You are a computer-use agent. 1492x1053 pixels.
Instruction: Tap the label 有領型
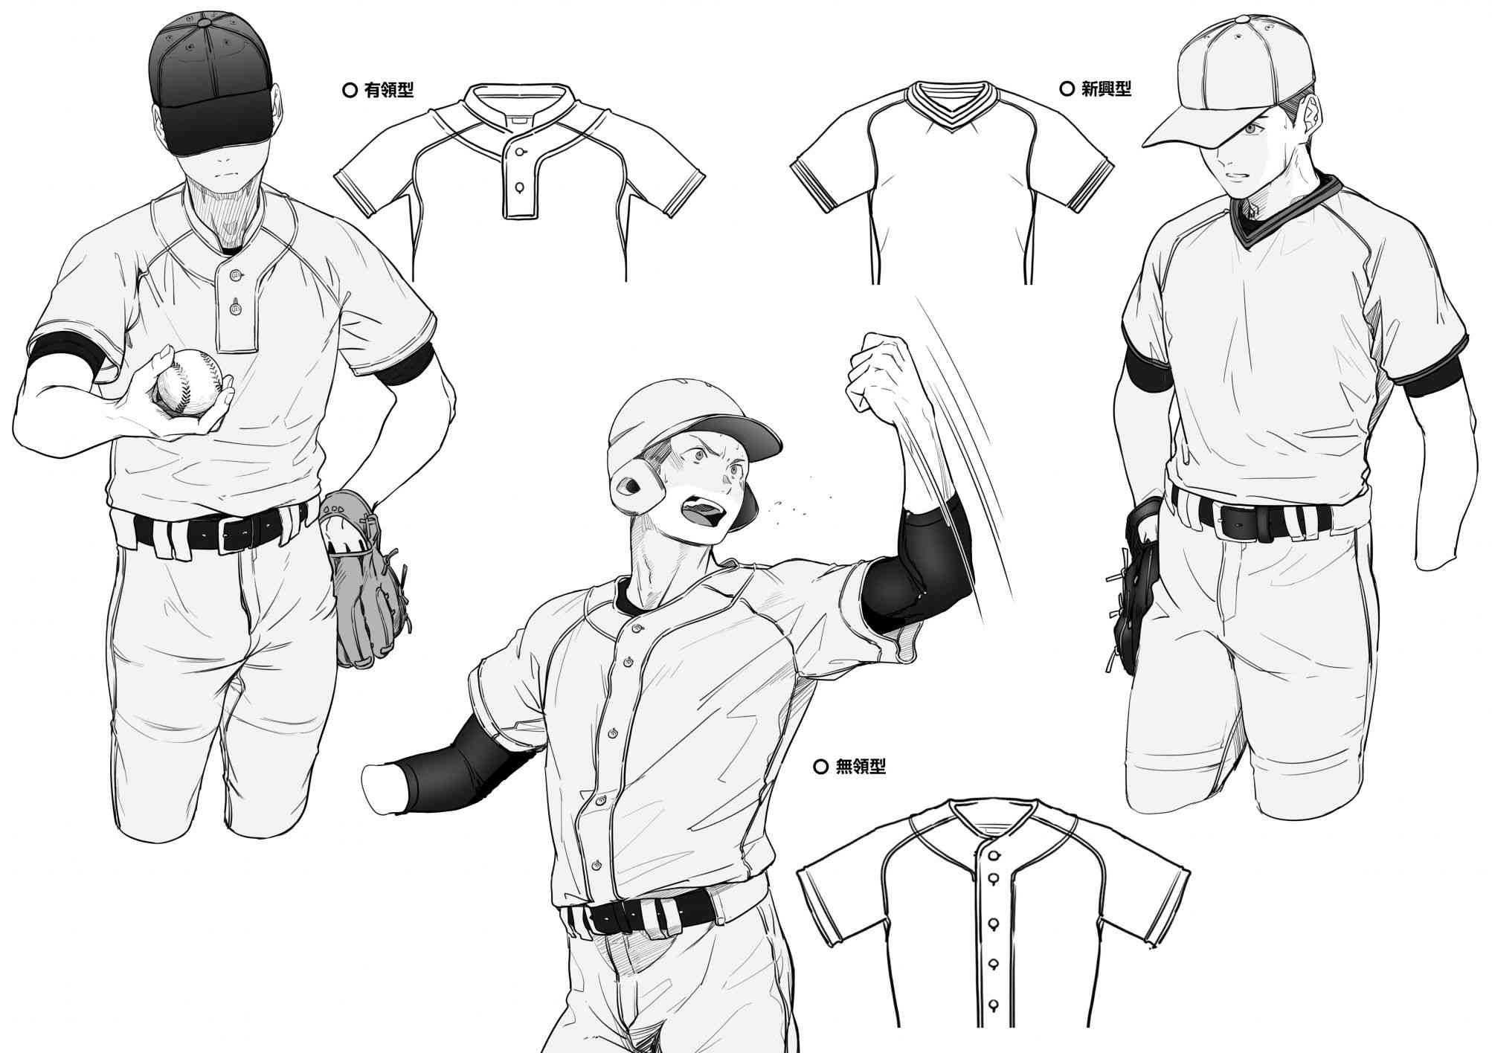(x=388, y=91)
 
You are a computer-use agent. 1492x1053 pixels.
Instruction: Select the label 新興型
(x=1106, y=89)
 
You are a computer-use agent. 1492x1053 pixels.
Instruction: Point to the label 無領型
(x=861, y=766)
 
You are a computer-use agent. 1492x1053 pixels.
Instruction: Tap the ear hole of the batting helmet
(x=632, y=486)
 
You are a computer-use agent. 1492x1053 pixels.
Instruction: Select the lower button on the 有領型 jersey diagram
(x=518, y=186)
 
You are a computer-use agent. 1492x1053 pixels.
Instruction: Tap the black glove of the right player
(x=1134, y=587)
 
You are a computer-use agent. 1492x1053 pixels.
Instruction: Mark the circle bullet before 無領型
(x=821, y=766)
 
